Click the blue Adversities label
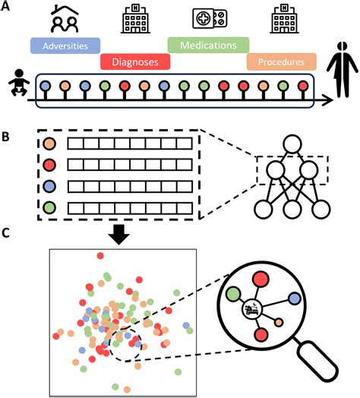[65, 46]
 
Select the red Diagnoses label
[135, 62]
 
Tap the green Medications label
[208, 45]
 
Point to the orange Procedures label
[281, 62]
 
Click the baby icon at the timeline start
[19, 83]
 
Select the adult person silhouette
[343, 70]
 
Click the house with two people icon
[65, 18]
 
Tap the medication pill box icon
[210, 18]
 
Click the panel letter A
[5, 5]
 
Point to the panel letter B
[5, 137]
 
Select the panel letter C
[5, 233]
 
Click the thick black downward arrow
[118, 234]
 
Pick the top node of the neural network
[292, 144]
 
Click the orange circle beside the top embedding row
[49, 144]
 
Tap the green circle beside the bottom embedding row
[49, 207]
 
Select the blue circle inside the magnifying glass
[295, 298]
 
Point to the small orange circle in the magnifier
[279, 322]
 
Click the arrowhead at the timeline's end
[330, 100]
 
